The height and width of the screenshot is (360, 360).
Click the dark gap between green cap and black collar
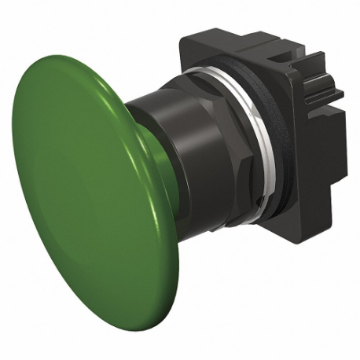[x=134, y=110]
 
